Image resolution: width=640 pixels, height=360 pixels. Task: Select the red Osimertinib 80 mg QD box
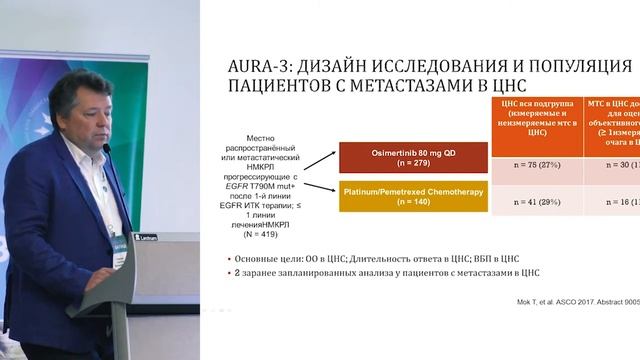[x=413, y=156]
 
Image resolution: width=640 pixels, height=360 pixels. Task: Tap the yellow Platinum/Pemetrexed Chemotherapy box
[x=413, y=196]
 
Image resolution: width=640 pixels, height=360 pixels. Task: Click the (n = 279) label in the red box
[x=413, y=163]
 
